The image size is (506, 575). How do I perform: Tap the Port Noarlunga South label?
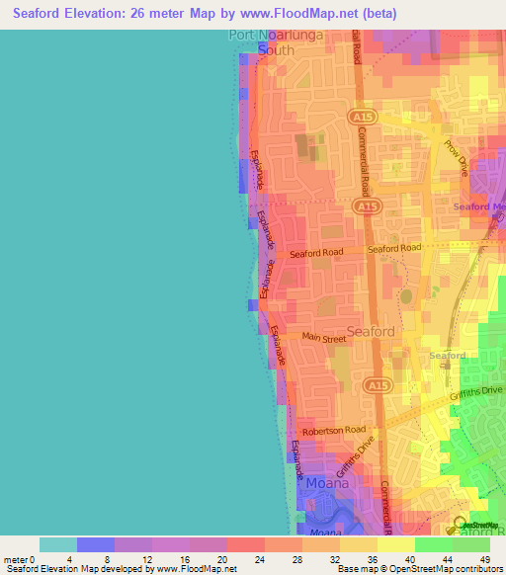pyautogui.click(x=262, y=41)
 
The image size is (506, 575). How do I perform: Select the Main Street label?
pyautogui.click(x=325, y=338)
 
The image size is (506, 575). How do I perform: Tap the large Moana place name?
pyautogui.click(x=327, y=485)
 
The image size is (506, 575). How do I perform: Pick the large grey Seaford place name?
pyautogui.click(x=372, y=332)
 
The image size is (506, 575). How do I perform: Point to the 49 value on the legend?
pyautogui.click(x=483, y=560)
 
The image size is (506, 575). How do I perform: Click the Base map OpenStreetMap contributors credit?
pyautogui.click(x=418, y=570)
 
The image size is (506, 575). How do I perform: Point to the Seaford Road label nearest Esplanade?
pyautogui.click(x=316, y=253)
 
